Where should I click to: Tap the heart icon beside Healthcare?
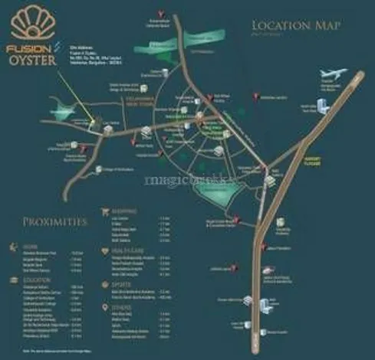[106, 250]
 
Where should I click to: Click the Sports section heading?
[121, 283]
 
